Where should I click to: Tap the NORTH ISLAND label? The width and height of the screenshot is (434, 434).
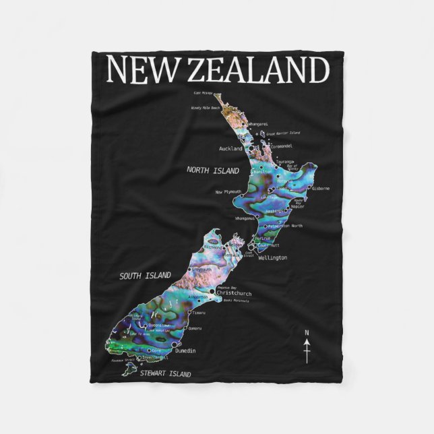(213, 170)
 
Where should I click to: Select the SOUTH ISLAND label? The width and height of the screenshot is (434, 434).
(145, 275)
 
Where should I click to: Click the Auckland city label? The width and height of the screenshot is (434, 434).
(231, 148)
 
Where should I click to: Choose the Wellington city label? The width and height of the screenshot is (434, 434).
(272, 257)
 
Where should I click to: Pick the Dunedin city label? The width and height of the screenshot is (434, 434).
(185, 351)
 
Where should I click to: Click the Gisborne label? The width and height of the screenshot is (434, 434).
(319, 189)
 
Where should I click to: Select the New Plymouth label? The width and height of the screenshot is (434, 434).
(228, 192)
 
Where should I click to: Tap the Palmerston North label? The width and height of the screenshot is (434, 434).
(286, 226)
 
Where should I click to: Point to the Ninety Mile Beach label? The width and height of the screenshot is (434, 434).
(206, 107)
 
